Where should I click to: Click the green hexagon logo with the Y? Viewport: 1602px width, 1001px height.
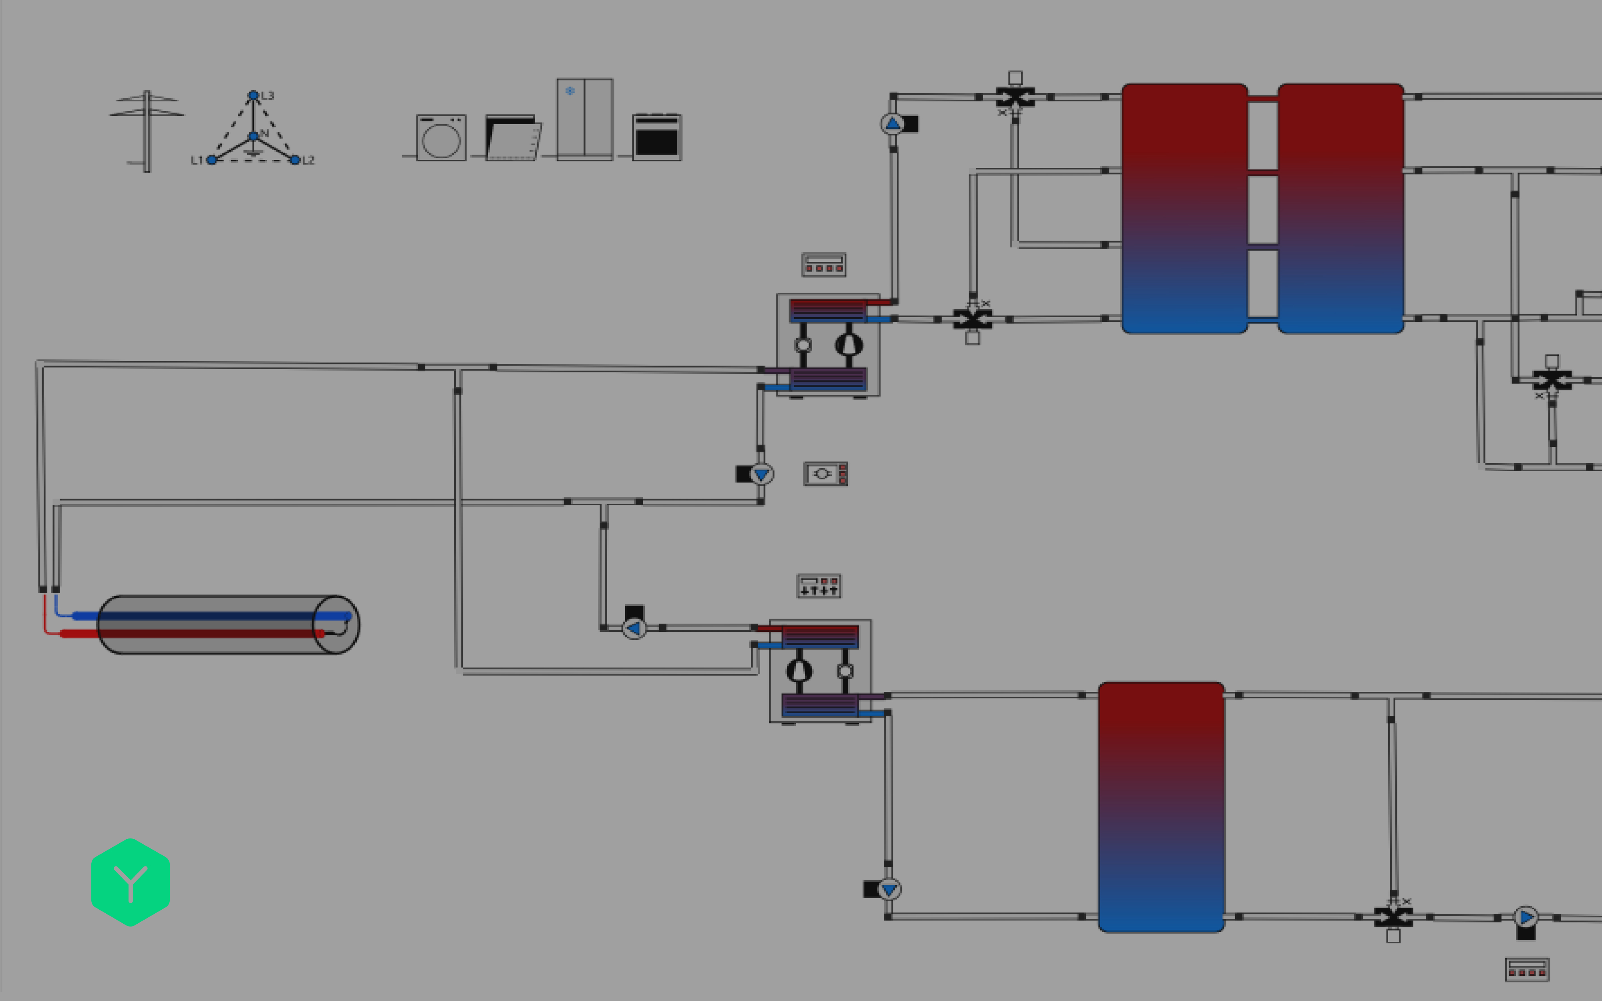click(131, 882)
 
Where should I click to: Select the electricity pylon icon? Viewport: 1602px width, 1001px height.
click(146, 131)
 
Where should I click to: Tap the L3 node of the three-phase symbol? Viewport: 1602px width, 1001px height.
click(253, 95)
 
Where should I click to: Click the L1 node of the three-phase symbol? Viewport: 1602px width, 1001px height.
click(211, 159)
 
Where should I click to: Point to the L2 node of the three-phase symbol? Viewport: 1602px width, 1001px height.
click(295, 159)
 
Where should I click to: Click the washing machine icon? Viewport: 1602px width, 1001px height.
click(441, 138)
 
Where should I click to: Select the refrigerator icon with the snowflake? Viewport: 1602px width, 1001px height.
click(585, 119)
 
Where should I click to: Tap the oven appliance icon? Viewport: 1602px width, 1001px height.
click(656, 137)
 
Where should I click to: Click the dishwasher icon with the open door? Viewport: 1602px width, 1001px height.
click(512, 138)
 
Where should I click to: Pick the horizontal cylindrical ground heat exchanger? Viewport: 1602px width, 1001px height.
click(228, 624)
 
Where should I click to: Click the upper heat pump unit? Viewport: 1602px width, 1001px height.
click(827, 344)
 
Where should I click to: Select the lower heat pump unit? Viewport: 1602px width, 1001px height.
click(819, 671)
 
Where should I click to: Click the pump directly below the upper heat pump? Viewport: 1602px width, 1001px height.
click(761, 474)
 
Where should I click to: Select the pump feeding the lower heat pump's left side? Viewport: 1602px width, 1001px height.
click(634, 627)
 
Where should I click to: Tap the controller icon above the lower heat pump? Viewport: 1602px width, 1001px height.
click(818, 586)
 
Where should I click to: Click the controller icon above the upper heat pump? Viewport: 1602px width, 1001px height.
click(823, 265)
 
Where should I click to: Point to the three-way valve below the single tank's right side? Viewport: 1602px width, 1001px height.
click(1393, 917)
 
